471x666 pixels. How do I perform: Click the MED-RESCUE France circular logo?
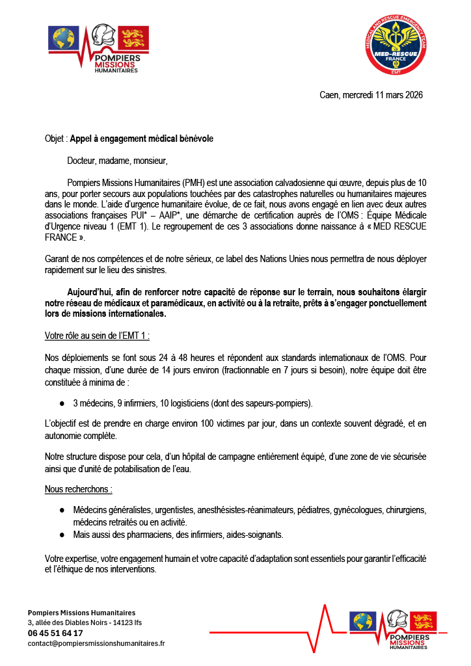397,46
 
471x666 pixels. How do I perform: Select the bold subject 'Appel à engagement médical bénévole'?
141,139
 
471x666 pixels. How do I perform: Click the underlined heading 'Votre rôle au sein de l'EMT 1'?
97,336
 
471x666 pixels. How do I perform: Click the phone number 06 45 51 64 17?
55,633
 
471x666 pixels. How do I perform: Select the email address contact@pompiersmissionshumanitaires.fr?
96,643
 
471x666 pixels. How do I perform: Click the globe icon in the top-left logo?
64,39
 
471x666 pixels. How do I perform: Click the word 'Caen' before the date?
329,95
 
